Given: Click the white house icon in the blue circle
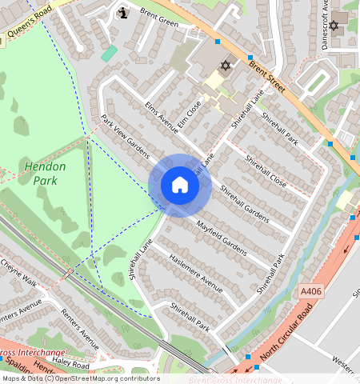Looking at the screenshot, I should [180, 186].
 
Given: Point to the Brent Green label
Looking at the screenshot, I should [158, 15].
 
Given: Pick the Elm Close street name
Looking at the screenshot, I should [189, 116].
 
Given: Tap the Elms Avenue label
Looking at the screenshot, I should [162, 119].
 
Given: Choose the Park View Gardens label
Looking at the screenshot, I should [126, 135].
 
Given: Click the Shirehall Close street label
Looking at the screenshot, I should [265, 170].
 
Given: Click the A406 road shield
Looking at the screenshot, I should [311, 291].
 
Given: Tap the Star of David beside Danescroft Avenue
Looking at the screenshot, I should [334, 26].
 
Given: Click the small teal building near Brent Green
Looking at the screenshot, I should [110, 53].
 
